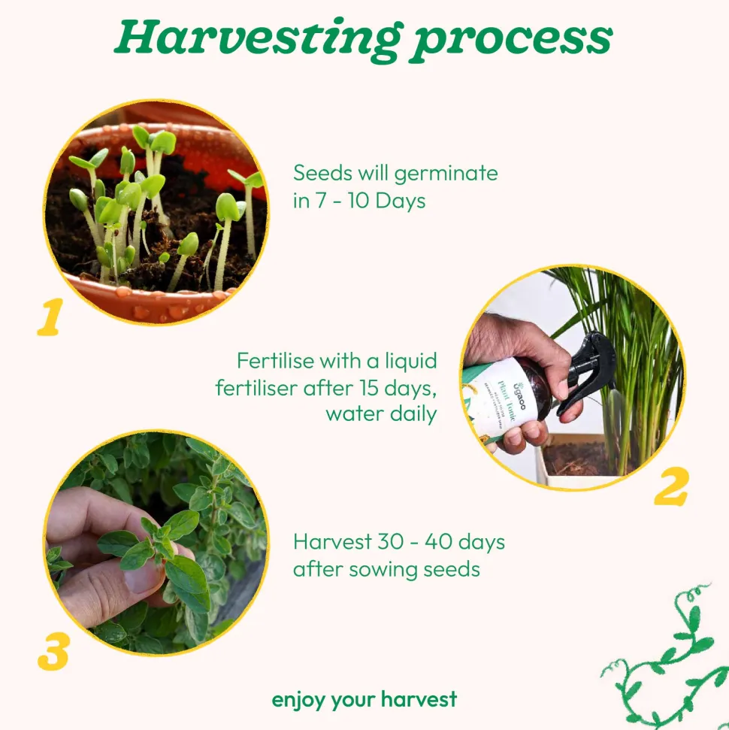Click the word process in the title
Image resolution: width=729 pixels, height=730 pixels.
coord(511,43)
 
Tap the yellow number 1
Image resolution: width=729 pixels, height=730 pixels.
coord(50,317)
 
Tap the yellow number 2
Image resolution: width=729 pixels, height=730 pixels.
coord(671,486)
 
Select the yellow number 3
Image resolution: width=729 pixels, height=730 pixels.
coord(53,651)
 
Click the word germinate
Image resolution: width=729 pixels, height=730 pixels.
coord(446,174)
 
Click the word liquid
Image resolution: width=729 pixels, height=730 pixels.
coord(411,362)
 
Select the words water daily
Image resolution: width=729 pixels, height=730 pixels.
coord(381,414)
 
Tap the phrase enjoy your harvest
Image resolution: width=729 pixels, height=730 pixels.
coord(364,700)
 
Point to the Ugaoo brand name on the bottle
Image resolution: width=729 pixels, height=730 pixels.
coord(519,395)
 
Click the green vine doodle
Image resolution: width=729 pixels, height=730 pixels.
coord(665,656)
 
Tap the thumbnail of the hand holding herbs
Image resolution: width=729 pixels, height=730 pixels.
coord(157,543)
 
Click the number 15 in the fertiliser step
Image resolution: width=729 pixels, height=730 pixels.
coord(368,387)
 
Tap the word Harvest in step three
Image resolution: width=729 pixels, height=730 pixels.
coord(332,541)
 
